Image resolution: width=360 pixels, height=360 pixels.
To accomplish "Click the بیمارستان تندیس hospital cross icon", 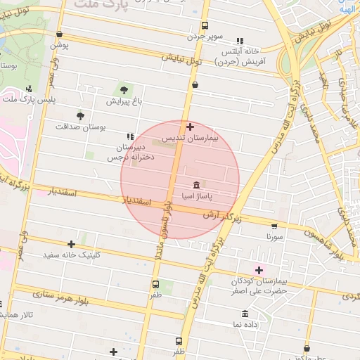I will (x=191, y=127).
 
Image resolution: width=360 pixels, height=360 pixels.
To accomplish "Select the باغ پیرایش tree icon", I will (x=124, y=89).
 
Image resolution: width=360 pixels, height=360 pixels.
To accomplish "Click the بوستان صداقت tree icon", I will (x=79, y=115).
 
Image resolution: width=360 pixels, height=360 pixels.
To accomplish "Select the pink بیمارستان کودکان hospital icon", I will (x=259, y=270).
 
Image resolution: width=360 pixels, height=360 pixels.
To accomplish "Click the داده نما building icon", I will (x=245, y=314).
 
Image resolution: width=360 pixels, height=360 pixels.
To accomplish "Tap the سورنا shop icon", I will (x=274, y=226).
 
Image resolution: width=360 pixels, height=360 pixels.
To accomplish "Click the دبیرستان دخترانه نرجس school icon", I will (x=129, y=136).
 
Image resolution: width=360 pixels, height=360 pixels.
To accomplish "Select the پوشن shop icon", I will (x=58, y=34).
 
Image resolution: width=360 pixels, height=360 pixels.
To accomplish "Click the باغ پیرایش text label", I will (x=124, y=101).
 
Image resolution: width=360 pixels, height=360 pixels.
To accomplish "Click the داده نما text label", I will (x=245, y=325).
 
